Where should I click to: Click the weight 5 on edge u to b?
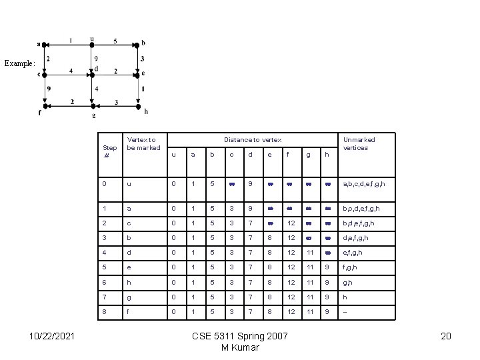(115, 41)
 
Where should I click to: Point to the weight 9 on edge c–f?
(49, 88)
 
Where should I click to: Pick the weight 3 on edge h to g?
(116, 102)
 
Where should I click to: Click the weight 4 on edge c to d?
(71, 71)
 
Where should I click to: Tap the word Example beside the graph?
(19, 63)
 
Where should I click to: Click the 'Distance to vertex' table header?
(253, 140)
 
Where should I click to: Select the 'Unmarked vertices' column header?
(359, 143)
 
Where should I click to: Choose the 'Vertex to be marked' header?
(143, 143)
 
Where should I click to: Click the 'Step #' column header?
(110, 151)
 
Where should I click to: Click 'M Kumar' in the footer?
(240, 347)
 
